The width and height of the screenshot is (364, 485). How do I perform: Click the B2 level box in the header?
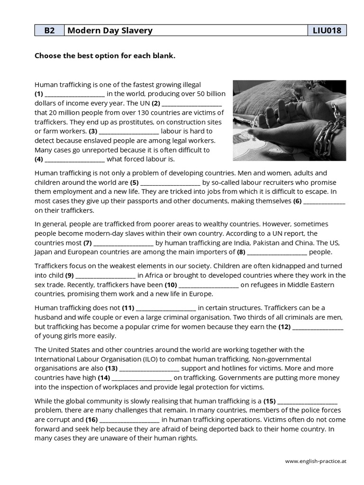click(49, 31)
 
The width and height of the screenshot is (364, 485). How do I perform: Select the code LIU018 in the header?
click(327, 31)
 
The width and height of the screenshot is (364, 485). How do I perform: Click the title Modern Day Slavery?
click(110, 31)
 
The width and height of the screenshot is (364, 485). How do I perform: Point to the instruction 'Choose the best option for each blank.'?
click(105, 56)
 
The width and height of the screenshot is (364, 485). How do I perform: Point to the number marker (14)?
click(104, 378)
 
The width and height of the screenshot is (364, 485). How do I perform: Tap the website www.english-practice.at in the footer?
click(315, 461)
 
